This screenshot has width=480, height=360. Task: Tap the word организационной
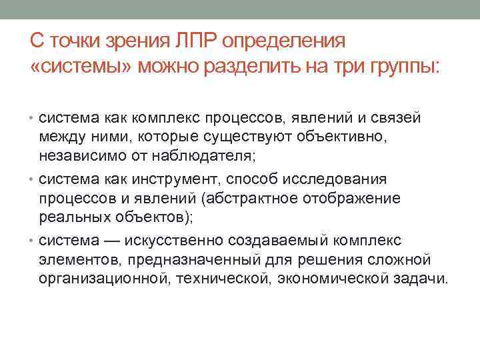[x=103, y=278]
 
